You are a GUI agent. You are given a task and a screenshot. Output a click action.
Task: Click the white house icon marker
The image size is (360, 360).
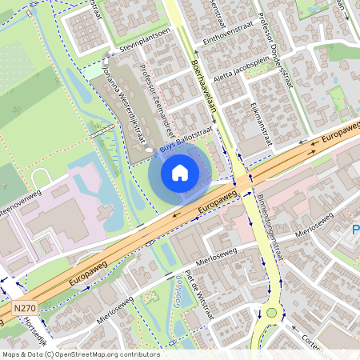pyautogui.click(x=179, y=173)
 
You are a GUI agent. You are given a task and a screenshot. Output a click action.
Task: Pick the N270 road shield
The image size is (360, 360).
pyautogui.click(x=25, y=308)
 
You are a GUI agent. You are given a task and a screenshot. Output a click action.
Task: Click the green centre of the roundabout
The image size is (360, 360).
pyautogui.click(x=271, y=312)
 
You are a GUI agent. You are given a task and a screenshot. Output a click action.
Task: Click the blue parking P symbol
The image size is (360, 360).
pyautogui.click(x=355, y=232)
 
